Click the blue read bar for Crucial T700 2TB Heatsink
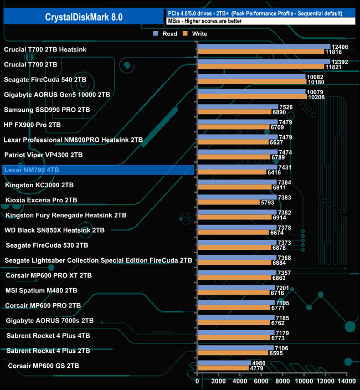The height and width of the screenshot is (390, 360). click(264, 47)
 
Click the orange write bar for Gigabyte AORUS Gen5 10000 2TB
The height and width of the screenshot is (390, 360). click(252, 97)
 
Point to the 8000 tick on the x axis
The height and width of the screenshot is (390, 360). click(283, 381)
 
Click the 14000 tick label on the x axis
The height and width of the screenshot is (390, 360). click(346, 381)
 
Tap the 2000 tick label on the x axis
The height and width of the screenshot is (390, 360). click(219, 381)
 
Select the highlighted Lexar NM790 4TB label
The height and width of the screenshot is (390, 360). click(32, 170)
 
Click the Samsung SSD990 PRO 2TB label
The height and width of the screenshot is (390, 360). click(47, 110)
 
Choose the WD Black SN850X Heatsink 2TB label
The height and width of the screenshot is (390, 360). click(55, 230)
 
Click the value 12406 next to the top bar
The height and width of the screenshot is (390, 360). click(339, 47)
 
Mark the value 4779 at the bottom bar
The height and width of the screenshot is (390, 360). click(258, 368)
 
